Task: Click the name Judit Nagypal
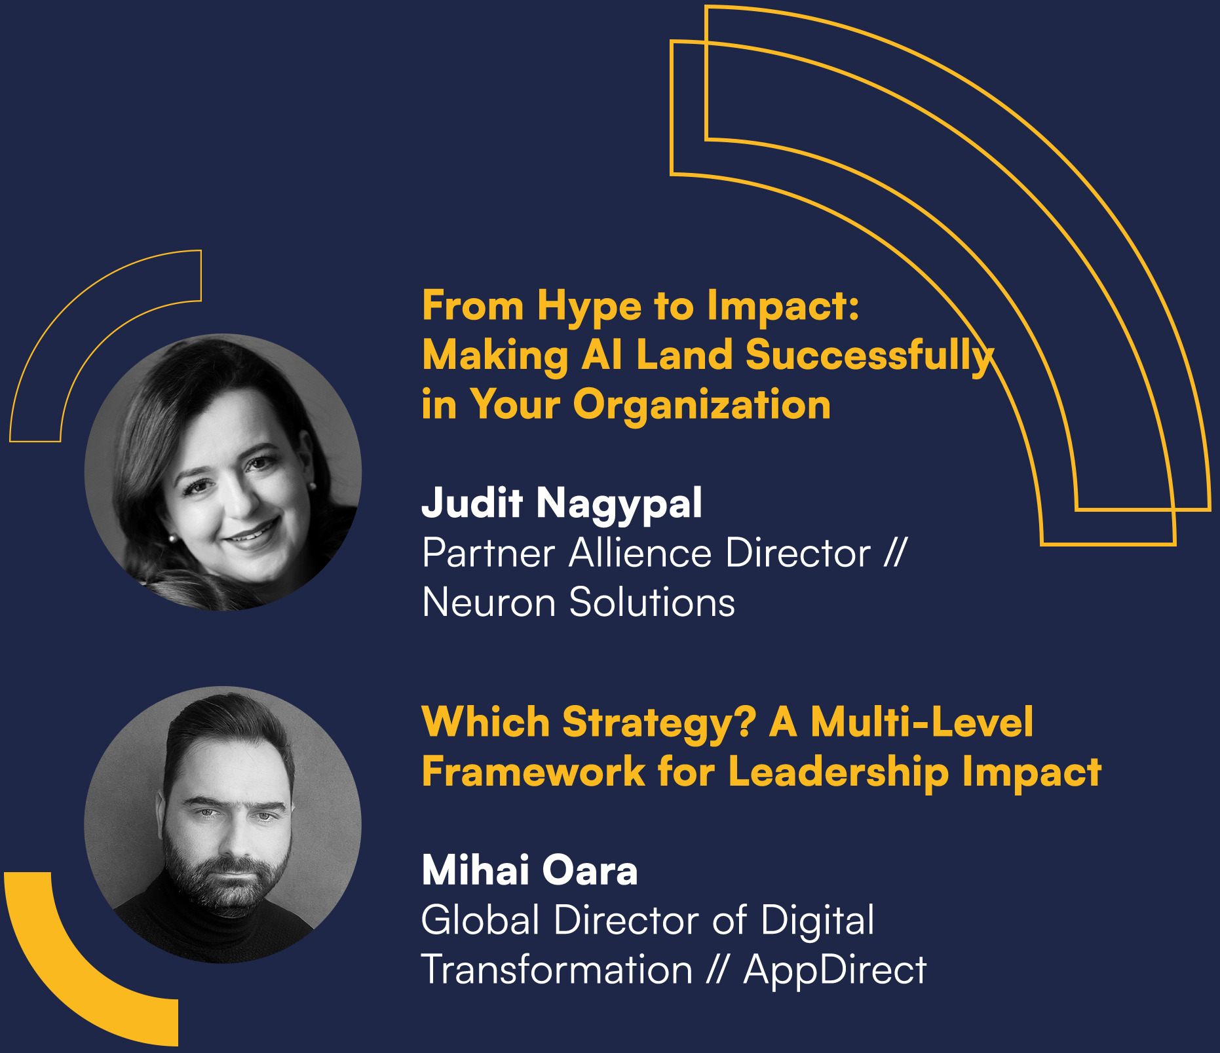click(x=562, y=504)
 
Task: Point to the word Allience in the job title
click(x=640, y=553)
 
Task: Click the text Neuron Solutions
click(x=579, y=602)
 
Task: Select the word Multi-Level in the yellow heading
click(x=922, y=722)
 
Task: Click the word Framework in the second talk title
click(x=533, y=772)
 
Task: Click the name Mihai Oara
click(x=529, y=871)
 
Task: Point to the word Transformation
click(x=556, y=970)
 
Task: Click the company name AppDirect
click(x=835, y=970)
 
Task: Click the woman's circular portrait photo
click(x=223, y=472)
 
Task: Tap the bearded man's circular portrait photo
click(x=223, y=824)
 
